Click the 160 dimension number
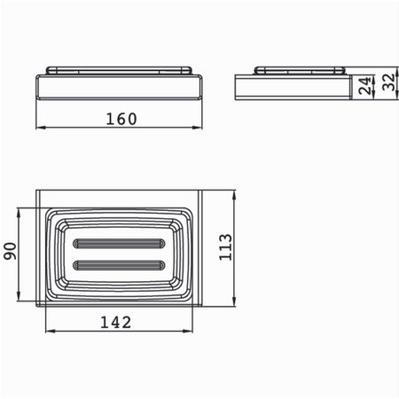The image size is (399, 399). [121, 119]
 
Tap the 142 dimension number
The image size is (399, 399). [115, 322]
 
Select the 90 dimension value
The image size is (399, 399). [10, 251]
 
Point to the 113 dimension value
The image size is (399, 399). [225, 247]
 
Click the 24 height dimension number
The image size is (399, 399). [364, 86]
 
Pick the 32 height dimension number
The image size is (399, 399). [388, 82]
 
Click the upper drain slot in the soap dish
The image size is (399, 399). [119, 244]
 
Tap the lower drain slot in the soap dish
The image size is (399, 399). [119, 265]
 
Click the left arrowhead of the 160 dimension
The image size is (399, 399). [41, 128]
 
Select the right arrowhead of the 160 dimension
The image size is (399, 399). [198, 128]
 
